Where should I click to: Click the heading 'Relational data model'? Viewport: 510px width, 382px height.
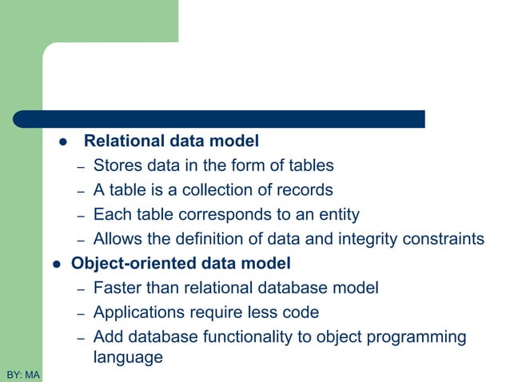pyautogui.click(x=171, y=142)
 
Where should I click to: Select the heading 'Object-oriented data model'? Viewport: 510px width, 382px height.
pyautogui.click(x=181, y=263)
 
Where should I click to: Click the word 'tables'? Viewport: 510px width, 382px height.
pyautogui.click(x=309, y=166)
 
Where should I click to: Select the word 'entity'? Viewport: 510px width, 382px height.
pyautogui.click(x=336, y=214)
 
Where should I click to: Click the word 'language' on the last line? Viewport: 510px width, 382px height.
pyautogui.click(x=128, y=357)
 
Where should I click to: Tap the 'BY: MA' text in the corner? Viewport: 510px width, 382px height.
pyautogui.click(x=22, y=374)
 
